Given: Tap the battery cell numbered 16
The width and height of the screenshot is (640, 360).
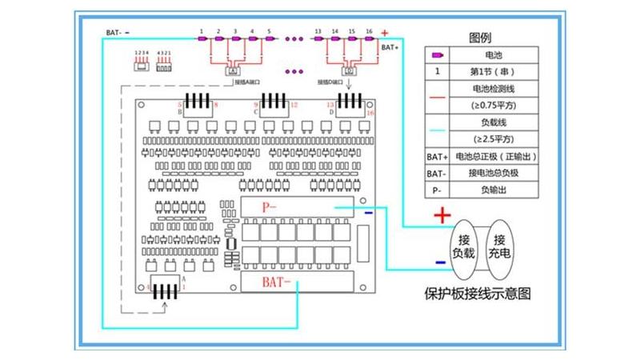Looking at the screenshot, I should tap(369, 38).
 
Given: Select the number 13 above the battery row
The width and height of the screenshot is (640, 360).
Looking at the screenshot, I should tap(318, 30).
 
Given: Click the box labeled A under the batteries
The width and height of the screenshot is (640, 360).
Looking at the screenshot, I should tap(234, 70).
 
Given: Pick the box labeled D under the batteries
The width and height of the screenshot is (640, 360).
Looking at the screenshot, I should tap(350, 70).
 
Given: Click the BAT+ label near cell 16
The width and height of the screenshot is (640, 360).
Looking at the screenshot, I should tap(390, 47).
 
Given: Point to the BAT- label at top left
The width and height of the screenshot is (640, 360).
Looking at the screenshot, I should tap(113, 33).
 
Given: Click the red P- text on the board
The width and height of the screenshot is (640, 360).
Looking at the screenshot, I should tap(270, 206).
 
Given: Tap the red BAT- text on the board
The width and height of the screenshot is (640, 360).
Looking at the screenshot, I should tap(277, 282).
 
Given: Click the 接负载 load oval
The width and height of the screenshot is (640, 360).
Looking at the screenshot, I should tap(463, 246).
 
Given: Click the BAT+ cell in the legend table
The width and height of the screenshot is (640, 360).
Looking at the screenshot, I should tap(437, 157).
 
